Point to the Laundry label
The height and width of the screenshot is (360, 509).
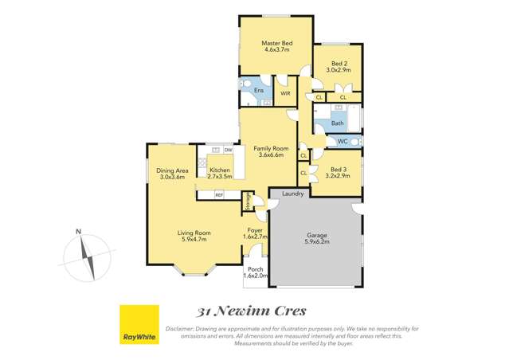292,194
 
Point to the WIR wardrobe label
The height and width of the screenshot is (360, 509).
284,94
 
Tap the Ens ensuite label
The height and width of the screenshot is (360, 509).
258,91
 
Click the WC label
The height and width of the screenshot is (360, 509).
342,142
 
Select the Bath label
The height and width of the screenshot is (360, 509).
337,123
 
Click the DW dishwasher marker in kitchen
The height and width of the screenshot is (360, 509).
228,150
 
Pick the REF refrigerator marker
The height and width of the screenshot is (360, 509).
218,194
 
